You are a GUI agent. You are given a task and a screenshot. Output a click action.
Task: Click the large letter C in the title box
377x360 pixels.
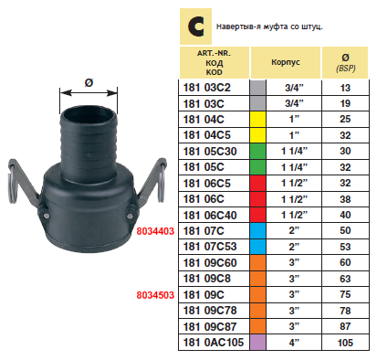[x=195, y=26]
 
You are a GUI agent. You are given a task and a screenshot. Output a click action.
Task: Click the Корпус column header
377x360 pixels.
[x=286, y=62]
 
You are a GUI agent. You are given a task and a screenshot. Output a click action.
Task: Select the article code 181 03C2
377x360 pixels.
[x=207, y=88]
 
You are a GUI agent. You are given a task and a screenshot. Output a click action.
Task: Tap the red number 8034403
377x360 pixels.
[x=155, y=231]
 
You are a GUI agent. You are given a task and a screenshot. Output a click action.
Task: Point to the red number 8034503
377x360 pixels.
[x=155, y=295]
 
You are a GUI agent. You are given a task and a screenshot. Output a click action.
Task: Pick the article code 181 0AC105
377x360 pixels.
[x=214, y=343]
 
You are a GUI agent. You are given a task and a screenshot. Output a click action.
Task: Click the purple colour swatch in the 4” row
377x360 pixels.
[x=257, y=343]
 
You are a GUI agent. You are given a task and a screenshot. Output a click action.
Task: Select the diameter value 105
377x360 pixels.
[x=345, y=343]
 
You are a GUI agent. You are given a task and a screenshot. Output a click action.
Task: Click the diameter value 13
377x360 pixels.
[x=345, y=88]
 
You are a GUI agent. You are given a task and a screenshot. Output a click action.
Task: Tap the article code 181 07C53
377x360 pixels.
[x=210, y=247]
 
